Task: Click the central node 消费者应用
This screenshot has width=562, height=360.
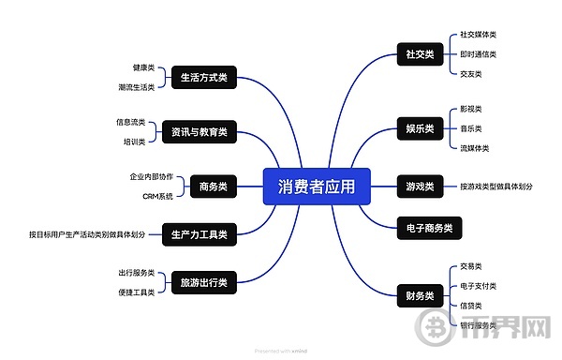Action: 317,187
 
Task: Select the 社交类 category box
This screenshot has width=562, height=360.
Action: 419,54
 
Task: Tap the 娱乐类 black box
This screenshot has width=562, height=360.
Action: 419,128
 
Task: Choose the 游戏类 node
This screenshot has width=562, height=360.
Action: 419,187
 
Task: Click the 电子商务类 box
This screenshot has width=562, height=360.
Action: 429,227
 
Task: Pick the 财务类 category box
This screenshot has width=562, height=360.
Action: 419,296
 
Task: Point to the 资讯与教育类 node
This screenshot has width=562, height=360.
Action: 199,131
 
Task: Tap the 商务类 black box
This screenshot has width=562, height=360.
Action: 214,187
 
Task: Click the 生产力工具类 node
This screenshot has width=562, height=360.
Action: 200,233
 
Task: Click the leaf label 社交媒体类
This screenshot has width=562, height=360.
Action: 478,35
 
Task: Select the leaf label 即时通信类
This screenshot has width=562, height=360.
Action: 478,54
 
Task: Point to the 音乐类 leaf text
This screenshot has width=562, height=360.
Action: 470,128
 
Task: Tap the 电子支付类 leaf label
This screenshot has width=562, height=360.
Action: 478,286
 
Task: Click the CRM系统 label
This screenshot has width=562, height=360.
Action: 157,196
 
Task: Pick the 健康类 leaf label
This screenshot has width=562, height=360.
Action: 144,68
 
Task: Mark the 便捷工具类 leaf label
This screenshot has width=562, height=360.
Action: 136,292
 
